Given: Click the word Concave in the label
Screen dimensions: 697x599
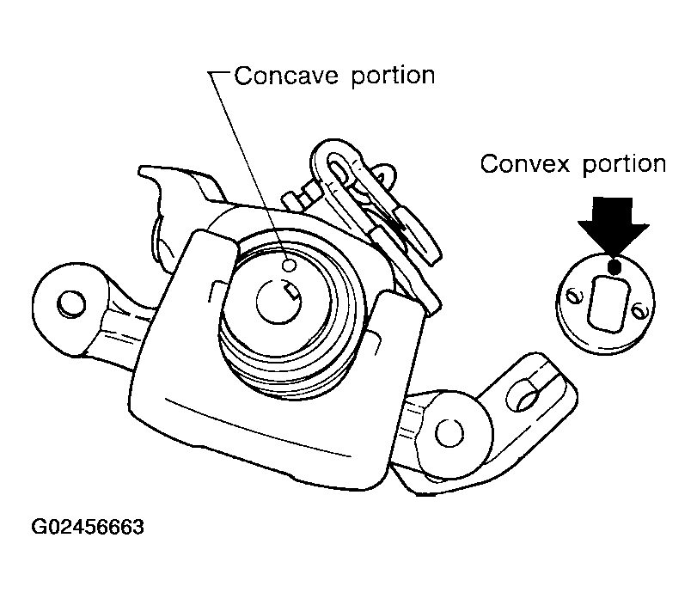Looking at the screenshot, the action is pyautogui.click(x=286, y=76).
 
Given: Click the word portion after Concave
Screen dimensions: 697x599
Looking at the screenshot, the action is pyautogui.click(x=393, y=77).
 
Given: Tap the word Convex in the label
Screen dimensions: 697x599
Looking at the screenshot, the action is pyautogui.click(x=524, y=164).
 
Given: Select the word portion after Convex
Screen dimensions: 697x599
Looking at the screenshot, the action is pyautogui.click(x=624, y=165).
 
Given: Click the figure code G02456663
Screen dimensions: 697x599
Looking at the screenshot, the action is pyautogui.click(x=88, y=528).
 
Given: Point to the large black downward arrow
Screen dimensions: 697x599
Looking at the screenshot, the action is pyautogui.click(x=614, y=226).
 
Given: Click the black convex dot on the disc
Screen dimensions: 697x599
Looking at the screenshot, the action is pyautogui.click(x=614, y=266).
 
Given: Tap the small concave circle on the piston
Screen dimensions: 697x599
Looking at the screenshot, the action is pyautogui.click(x=290, y=266).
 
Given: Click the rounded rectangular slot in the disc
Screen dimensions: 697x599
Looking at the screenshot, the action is pyautogui.click(x=608, y=303).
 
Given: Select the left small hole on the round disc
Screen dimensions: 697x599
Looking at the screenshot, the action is pyautogui.click(x=572, y=296).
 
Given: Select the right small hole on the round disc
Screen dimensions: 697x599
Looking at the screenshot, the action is pyautogui.click(x=639, y=310).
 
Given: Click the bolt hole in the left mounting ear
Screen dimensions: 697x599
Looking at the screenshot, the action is pyautogui.click(x=71, y=304).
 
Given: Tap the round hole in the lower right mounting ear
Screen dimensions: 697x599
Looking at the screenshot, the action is pyautogui.click(x=449, y=433).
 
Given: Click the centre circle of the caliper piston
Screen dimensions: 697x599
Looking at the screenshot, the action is pyautogui.click(x=278, y=302).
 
